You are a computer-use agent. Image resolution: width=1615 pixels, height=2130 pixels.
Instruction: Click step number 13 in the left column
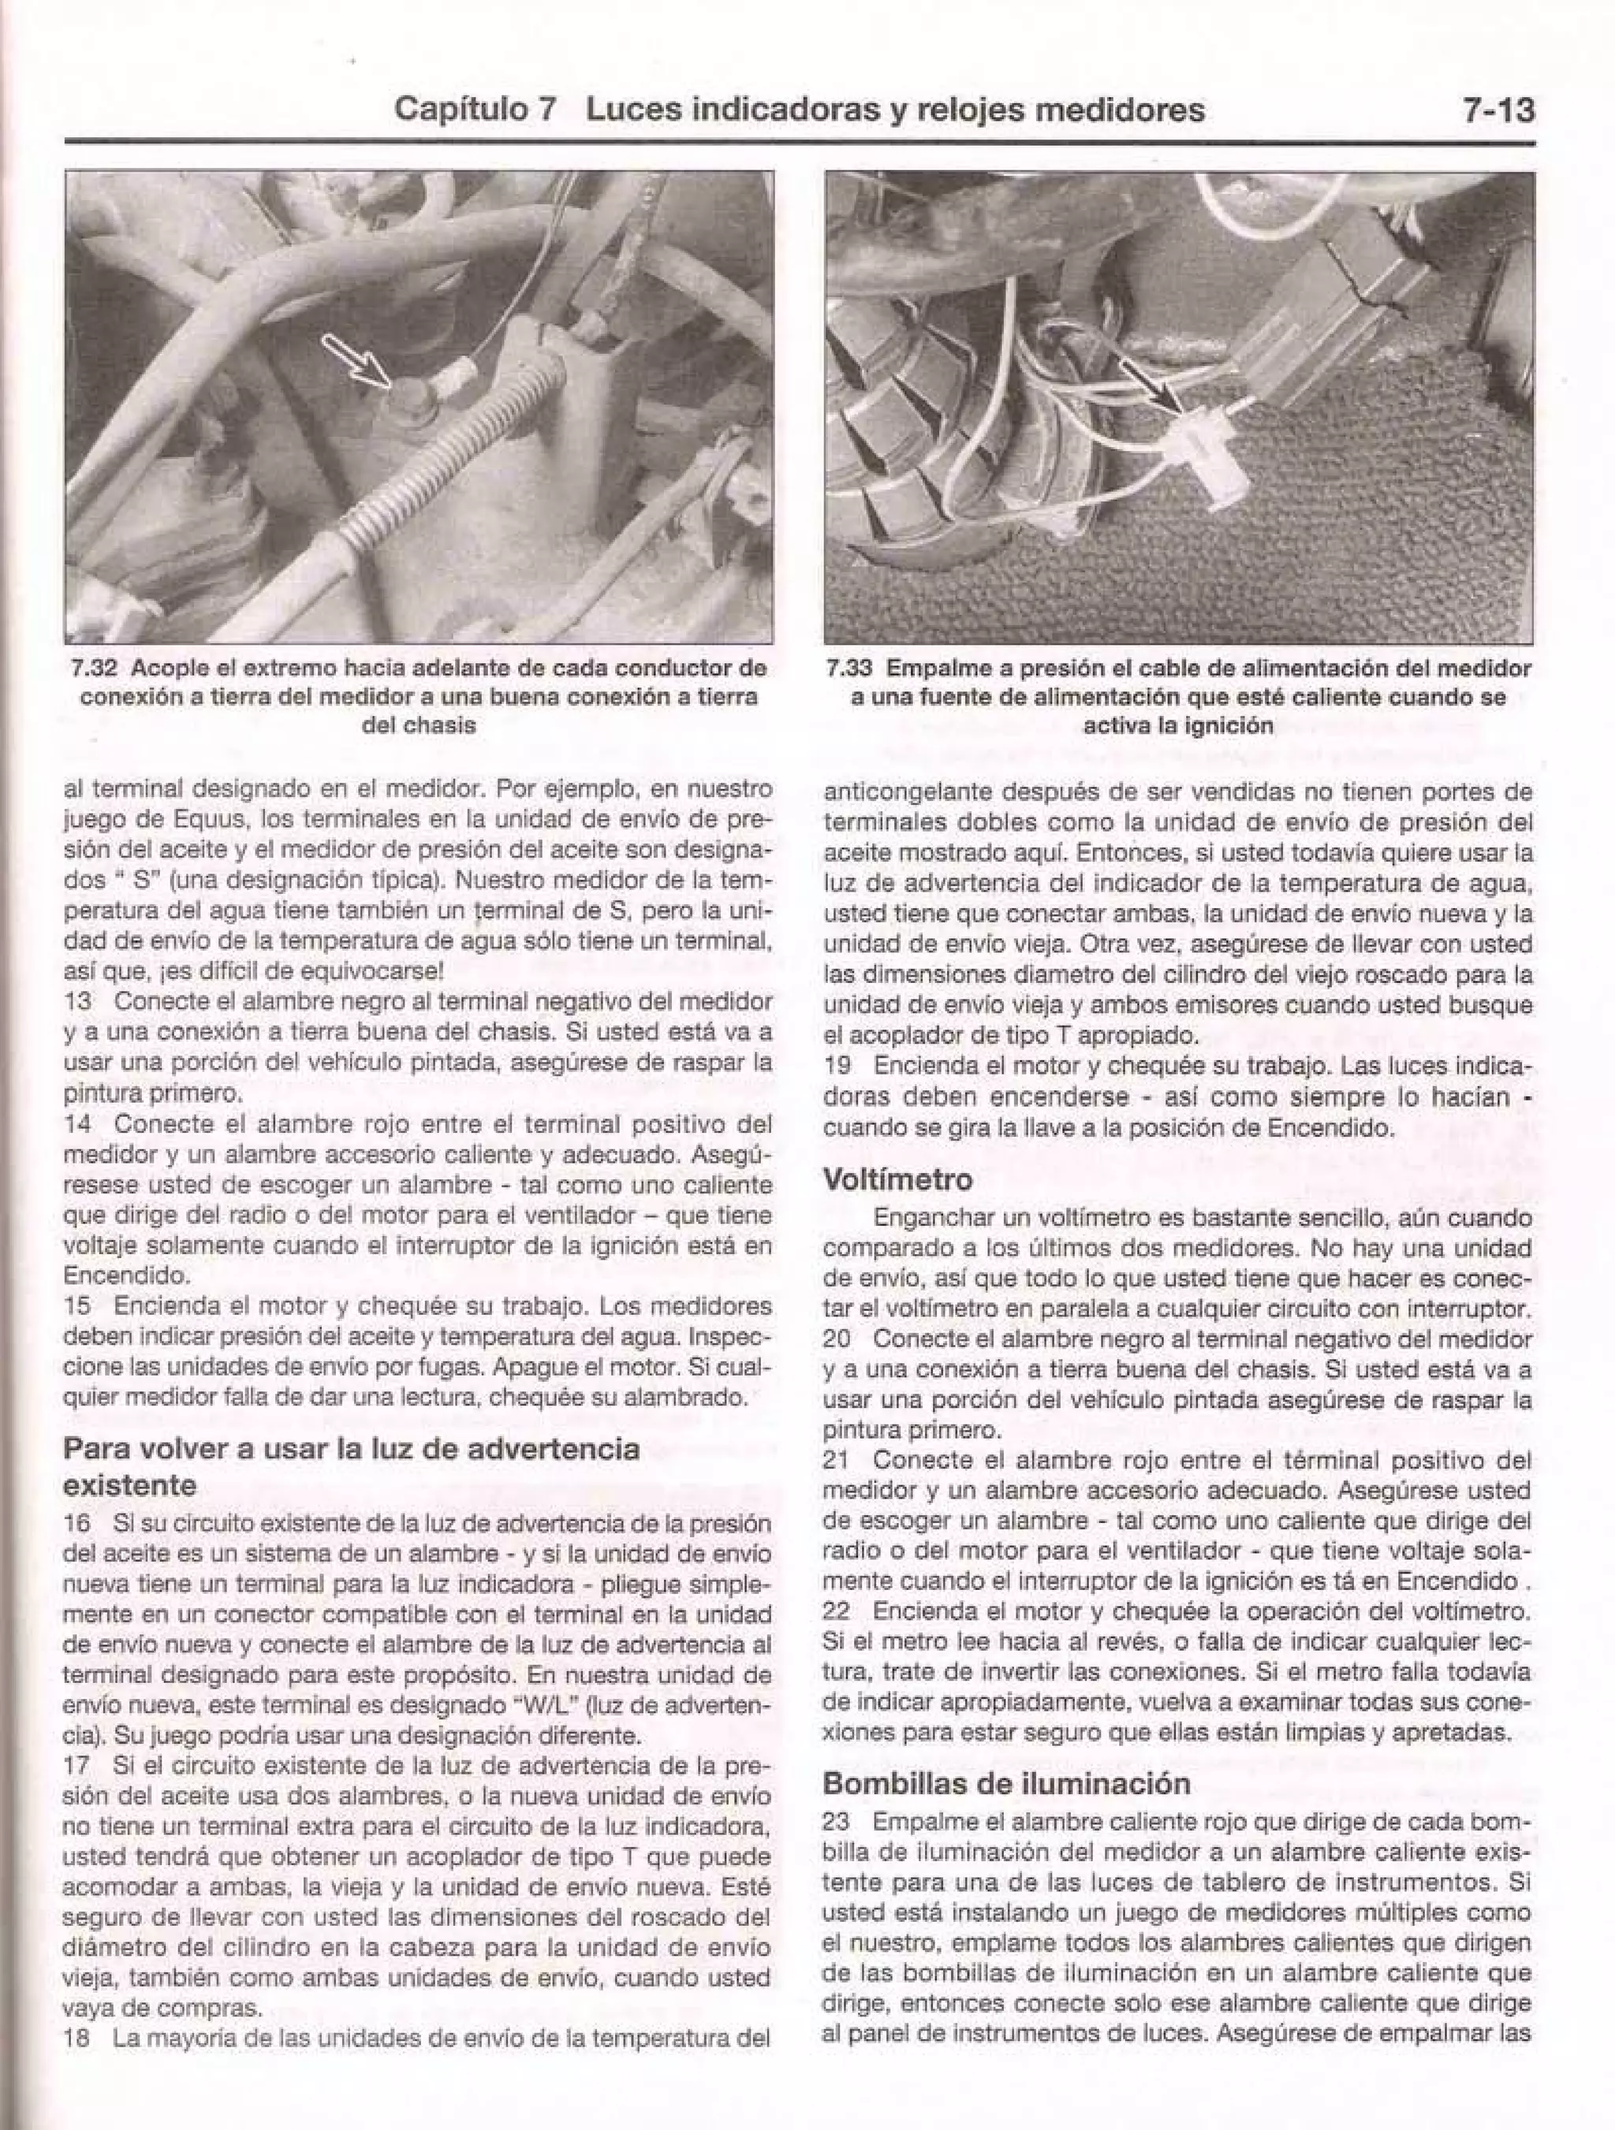(77, 1000)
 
